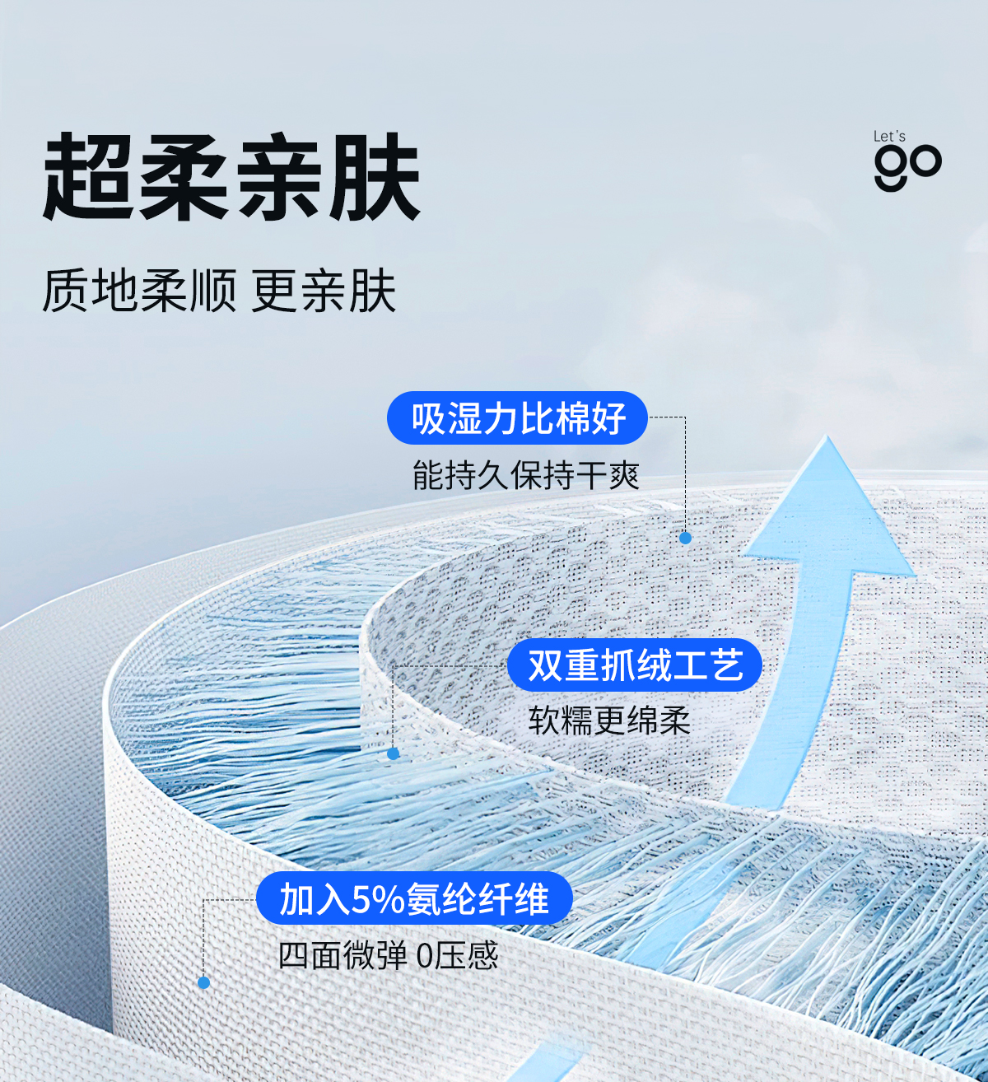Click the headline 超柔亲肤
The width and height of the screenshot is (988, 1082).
[232, 178]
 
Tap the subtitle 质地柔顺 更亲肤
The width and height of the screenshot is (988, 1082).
[219, 291]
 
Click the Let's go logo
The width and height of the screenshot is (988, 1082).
[906, 161]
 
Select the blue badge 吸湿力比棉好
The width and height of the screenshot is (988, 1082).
[518, 418]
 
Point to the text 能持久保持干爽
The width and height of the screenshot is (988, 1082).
[525, 476]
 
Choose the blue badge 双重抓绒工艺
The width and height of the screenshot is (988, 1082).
[634, 665]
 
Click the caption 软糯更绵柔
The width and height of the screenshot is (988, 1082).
[609, 721]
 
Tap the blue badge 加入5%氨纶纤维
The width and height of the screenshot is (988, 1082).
[413, 898]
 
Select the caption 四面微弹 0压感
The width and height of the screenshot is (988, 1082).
[388, 956]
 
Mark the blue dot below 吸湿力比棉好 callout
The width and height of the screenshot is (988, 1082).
[685, 538]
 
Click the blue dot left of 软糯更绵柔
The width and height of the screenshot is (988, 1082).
[394, 753]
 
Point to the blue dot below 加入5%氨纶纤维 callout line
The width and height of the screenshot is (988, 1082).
[204, 982]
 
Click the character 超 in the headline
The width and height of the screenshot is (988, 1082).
[89, 178]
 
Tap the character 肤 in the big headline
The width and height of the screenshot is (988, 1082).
[375, 178]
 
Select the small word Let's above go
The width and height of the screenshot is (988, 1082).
[889, 137]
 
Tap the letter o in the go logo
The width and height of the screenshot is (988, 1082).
[925, 161]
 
